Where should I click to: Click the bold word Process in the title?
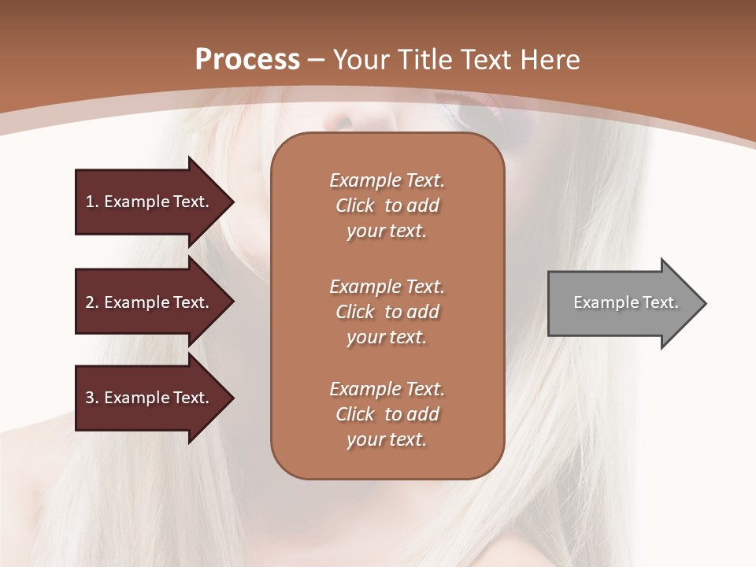point(247,60)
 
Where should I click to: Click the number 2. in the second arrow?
point(92,302)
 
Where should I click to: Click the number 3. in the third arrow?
point(92,398)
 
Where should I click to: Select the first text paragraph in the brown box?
point(387,206)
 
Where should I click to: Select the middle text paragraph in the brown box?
point(387,312)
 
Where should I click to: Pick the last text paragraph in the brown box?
point(387,414)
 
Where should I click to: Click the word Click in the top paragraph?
point(355,206)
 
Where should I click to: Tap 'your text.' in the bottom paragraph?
point(387,439)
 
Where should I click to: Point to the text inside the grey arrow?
point(625,302)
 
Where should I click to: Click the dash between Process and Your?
point(316,60)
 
